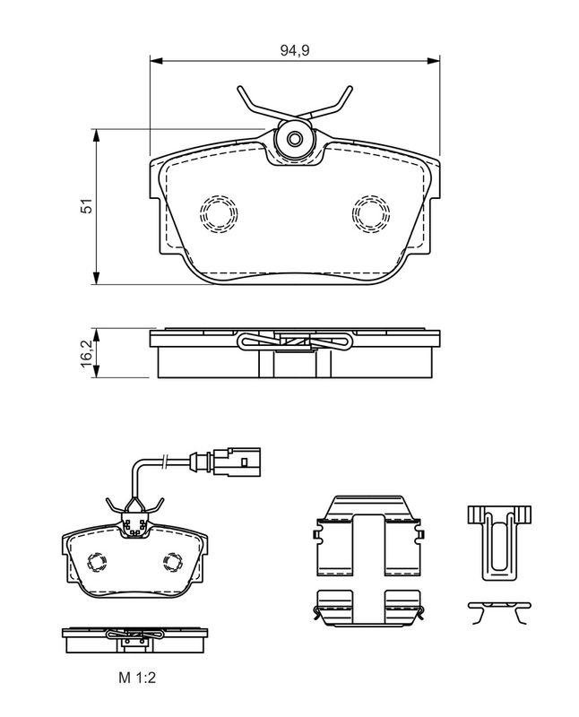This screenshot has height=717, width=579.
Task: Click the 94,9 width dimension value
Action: [295, 50]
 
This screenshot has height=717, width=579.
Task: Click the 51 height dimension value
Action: [86, 206]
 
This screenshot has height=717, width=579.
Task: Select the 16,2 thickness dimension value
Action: [86, 353]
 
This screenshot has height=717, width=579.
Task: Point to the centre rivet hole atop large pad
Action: [295, 138]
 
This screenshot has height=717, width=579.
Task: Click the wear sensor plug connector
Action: [237, 462]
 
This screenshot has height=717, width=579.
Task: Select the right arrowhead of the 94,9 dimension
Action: [433, 60]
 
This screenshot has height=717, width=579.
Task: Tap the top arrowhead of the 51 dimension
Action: [96, 135]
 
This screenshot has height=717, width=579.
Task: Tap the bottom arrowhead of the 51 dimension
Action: [96, 278]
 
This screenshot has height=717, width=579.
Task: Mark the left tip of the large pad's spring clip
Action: [238, 88]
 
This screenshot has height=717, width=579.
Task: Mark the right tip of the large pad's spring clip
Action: [350, 87]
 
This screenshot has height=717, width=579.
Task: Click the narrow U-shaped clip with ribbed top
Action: [499, 543]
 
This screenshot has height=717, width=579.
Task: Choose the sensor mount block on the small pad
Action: [134, 527]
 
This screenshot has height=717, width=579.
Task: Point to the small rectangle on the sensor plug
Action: [244, 462]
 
